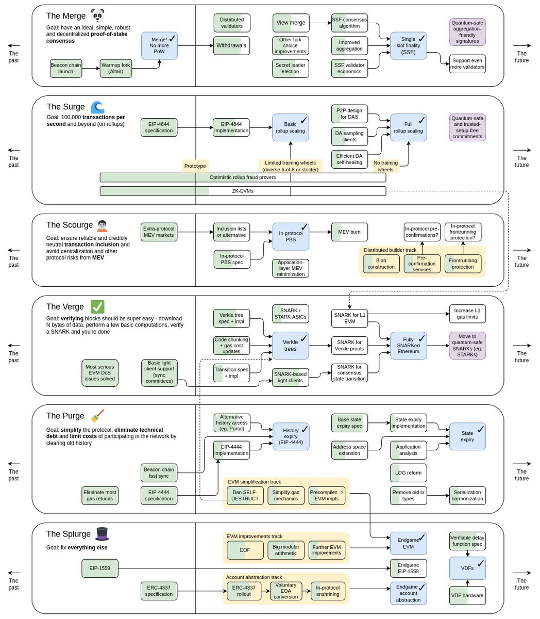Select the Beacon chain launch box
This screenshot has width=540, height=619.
pyautogui.click(x=66, y=69)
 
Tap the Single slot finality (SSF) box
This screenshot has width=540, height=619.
pyautogui.click(x=408, y=45)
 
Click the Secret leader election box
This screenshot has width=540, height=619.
pyautogui.click(x=291, y=68)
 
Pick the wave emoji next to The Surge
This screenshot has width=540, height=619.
pyautogui.click(x=97, y=107)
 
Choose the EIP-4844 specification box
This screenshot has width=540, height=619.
pyautogui.click(x=159, y=127)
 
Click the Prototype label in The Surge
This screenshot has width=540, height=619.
pyautogui.click(x=195, y=166)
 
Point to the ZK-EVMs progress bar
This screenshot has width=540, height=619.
pyautogui.click(x=243, y=191)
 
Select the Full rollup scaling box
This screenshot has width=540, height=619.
pyautogui.click(x=408, y=127)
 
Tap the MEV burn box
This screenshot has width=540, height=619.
pyautogui.click(x=349, y=232)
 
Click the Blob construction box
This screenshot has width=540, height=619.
pyautogui.click(x=381, y=264)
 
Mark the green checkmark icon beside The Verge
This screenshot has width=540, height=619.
pyautogui.click(x=97, y=306)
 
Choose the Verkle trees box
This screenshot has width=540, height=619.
pyautogui.click(x=291, y=345)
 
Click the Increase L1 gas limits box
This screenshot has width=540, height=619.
pyautogui.click(x=467, y=314)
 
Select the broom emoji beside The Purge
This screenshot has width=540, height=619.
pyautogui.click(x=97, y=416)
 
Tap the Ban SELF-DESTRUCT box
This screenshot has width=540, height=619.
pyautogui.click(x=245, y=495)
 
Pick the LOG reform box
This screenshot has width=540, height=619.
pyautogui.click(x=408, y=473)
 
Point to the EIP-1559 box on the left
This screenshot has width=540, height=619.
pyautogui.click(x=100, y=568)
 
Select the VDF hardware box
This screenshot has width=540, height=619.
pyautogui.click(x=467, y=595)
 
